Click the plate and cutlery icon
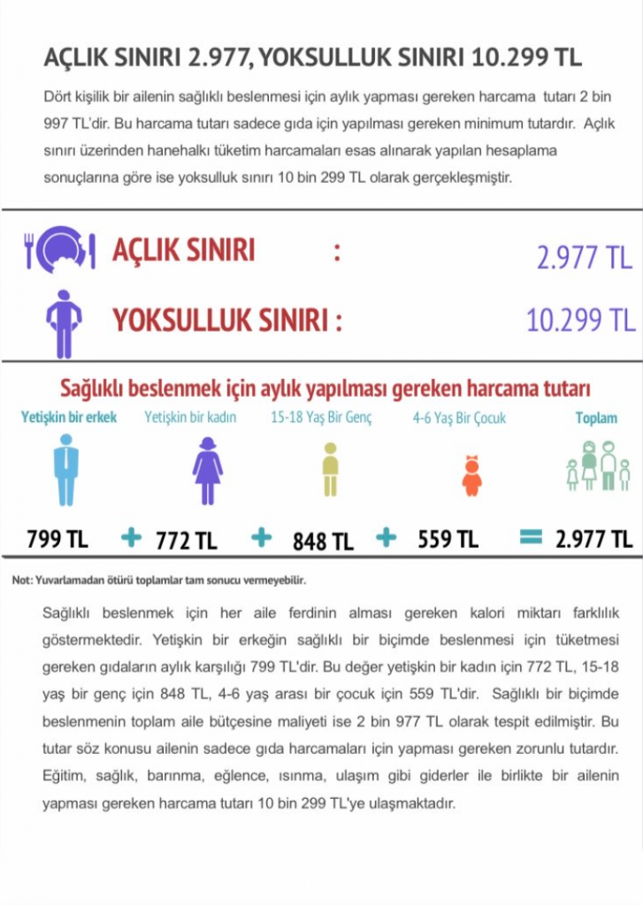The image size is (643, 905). pyautogui.click(x=59, y=249)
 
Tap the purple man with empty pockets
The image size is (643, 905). pyautogui.click(x=64, y=323)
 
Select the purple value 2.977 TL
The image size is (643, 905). pyautogui.click(x=584, y=257)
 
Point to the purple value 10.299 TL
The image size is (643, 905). pyautogui.click(x=579, y=320)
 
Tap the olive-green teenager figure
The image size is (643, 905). pyautogui.click(x=330, y=469)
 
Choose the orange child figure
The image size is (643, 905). pyautogui.click(x=472, y=475)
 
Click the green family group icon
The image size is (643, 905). pyautogui.click(x=598, y=465)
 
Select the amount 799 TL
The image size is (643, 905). pyautogui.click(x=57, y=537)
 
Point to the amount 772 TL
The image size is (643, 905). pyautogui.click(x=187, y=540)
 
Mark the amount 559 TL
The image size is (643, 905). pyautogui.click(x=448, y=538)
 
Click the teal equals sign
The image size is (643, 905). pyautogui.click(x=530, y=536)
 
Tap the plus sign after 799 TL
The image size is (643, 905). pyautogui.click(x=131, y=536)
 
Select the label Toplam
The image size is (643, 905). pyautogui.click(x=596, y=418)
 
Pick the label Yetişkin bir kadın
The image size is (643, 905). pyautogui.click(x=190, y=417)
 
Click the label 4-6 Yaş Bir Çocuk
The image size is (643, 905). pyautogui.click(x=459, y=418)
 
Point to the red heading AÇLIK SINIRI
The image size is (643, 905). pyautogui.click(x=183, y=251)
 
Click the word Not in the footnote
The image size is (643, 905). pyautogui.click(x=21, y=581)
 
